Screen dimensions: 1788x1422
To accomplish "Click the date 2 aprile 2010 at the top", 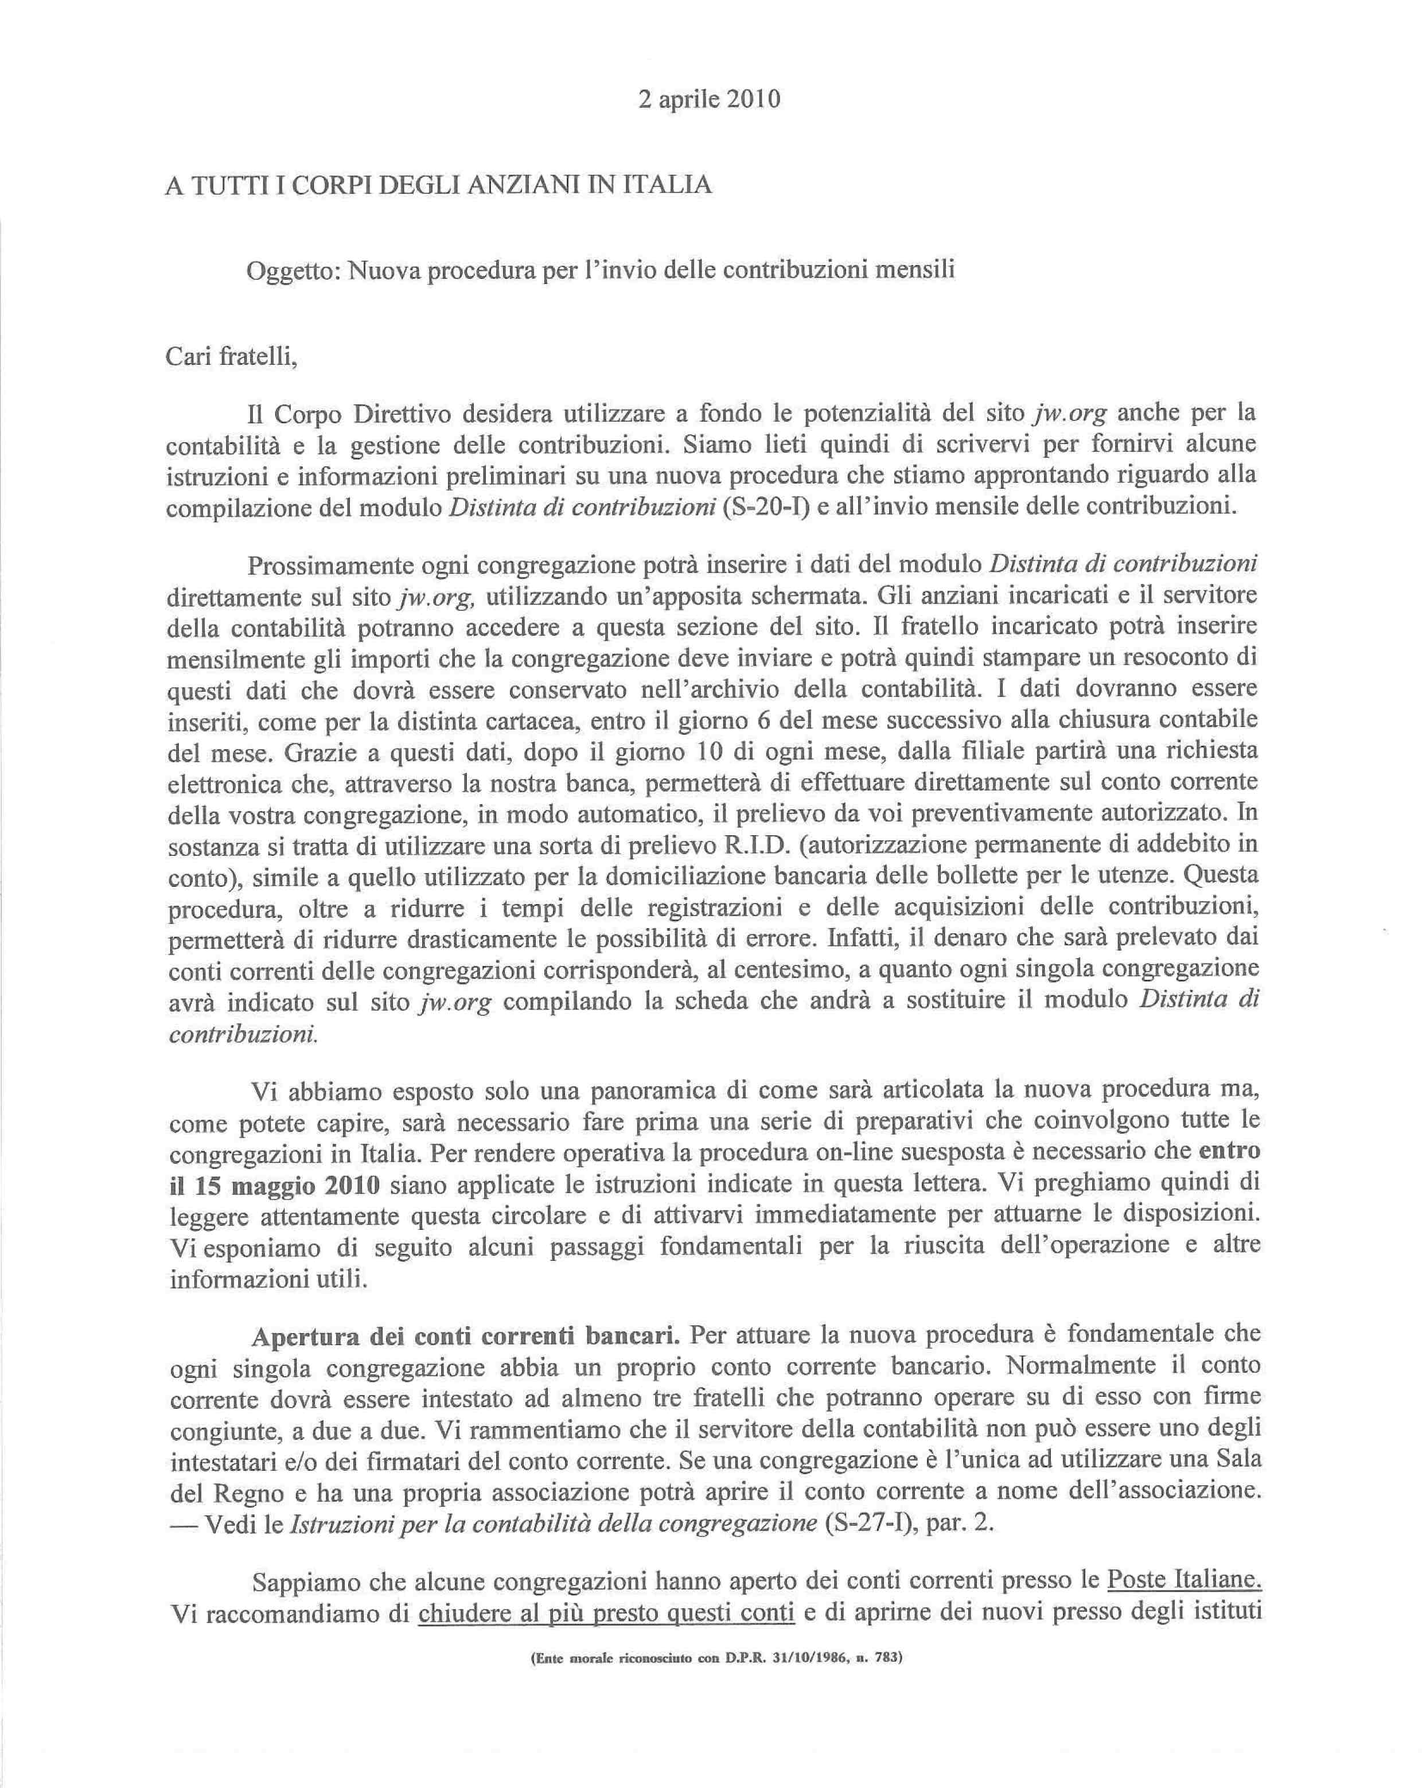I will [709, 99].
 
